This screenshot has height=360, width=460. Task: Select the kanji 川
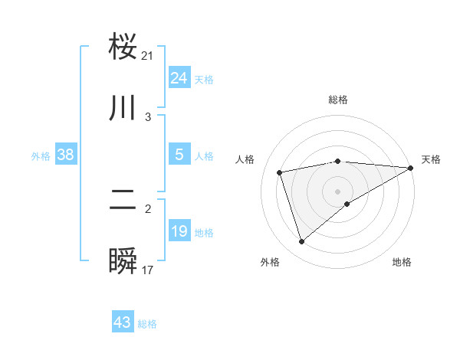click(123, 108)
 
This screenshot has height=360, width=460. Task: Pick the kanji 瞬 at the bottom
click(123, 262)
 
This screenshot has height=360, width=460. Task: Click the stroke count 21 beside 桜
click(148, 55)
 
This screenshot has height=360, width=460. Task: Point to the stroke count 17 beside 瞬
click(148, 270)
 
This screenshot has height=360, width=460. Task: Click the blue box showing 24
click(179, 78)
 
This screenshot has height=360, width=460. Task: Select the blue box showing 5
click(179, 155)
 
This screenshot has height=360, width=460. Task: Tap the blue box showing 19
click(179, 231)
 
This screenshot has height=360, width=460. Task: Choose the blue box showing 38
click(66, 155)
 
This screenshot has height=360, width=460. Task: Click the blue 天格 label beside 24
click(204, 79)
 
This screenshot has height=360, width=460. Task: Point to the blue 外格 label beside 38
click(41, 155)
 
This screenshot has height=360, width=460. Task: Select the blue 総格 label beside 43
click(147, 323)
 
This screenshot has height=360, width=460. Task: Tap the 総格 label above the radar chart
click(338, 100)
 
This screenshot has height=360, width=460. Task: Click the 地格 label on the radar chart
click(402, 262)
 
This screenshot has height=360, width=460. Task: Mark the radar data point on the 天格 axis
click(410, 168)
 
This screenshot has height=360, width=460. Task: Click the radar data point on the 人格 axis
click(280, 172)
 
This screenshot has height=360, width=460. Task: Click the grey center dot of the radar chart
click(338, 191)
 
